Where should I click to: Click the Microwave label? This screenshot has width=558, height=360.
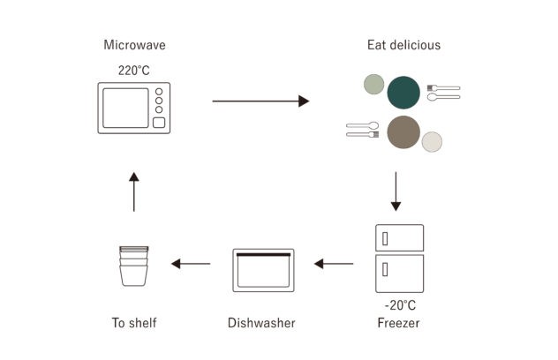click(x=134, y=45)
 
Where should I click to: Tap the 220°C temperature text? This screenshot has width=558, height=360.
click(x=134, y=71)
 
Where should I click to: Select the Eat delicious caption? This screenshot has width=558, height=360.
click(x=403, y=45)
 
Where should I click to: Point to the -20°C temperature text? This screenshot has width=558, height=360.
click(x=400, y=305)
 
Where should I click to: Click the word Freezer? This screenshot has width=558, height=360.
click(x=398, y=323)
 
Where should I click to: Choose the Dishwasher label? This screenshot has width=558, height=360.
click(x=261, y=323)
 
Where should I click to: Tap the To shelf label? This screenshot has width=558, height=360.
click(x=134, y=323)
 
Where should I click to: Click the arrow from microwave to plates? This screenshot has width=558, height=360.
click(x=260, y=101)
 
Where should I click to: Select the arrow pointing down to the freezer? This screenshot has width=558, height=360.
click(x=396, y=191)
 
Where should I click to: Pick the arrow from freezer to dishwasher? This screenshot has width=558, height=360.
click(x=334, y=264)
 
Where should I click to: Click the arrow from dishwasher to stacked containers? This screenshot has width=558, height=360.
click(x=191, y=264)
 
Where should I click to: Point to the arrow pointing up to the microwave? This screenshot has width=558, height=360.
click(x=134, y=192)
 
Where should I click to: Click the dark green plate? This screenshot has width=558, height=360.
click(x=403, y=93)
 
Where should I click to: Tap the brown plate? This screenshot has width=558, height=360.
click(x=403, y=132)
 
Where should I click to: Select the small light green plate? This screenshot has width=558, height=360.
click(x=374, y=85)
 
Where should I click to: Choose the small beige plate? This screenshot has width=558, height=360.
click(x=432, y=141)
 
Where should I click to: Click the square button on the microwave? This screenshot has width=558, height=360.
click(x=159, y=123)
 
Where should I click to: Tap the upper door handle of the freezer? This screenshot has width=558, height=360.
click(x=385, y=239)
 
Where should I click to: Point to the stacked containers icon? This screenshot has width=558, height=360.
click(x=134, y=266)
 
